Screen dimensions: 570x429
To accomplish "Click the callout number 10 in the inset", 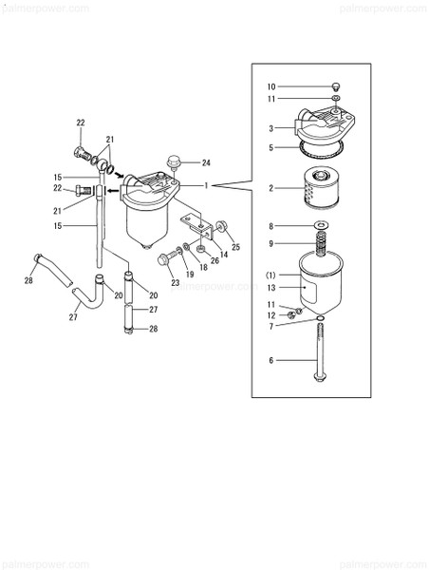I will [x=270, y=86].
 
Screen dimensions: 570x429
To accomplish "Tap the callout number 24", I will [x=205, y=162].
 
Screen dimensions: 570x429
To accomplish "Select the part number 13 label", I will [x=270, y=286].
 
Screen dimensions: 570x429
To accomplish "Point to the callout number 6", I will [x=270, y=360].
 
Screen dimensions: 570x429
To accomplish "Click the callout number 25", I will [x=236, y=248].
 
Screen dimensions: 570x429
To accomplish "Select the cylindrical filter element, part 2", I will [x=320, y=188].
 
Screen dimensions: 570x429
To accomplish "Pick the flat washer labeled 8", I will [x=321, y=226].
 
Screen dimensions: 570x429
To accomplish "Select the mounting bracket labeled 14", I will [x=199, y=231].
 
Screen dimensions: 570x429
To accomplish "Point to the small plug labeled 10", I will [x=335, y=86].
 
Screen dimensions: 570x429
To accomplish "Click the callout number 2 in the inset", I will [x=271, y=188].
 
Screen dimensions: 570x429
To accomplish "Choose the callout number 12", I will [x=270, y=314].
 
